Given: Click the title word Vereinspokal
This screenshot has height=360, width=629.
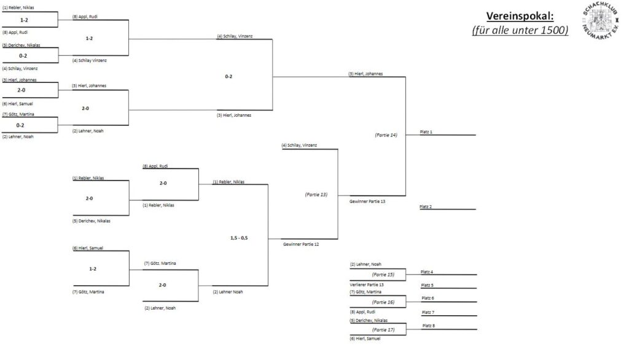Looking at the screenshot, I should tap(527, 16).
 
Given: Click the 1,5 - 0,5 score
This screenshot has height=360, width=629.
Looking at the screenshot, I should tap(240, 237).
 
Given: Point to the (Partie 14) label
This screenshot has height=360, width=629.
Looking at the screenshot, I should tap(386, 135).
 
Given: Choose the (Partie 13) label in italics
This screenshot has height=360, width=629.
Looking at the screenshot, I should tap(316, 194).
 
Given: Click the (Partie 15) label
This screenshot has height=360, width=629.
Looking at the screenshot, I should tap(383, 275).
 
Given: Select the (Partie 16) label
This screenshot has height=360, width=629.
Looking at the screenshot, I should tap(383, 302).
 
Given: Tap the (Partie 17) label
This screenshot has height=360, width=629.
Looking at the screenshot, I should tap(383, 330).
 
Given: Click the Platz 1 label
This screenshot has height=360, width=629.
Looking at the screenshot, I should tap(426, 131).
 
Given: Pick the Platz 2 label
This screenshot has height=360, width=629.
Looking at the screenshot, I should tap(426, 207).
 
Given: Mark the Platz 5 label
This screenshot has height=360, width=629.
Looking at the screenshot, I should tap(428, 285).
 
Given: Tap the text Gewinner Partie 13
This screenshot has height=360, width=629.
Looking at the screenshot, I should tap(366, 202).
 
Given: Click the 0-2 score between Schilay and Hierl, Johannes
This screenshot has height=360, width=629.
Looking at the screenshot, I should tap(229, 77).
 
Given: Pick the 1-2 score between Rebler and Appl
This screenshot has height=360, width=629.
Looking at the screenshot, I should tap(25, 20).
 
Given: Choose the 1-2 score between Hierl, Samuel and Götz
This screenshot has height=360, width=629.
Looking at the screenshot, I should tap(93, 268).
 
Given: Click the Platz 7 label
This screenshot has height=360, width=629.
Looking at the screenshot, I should tap(428, 312).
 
